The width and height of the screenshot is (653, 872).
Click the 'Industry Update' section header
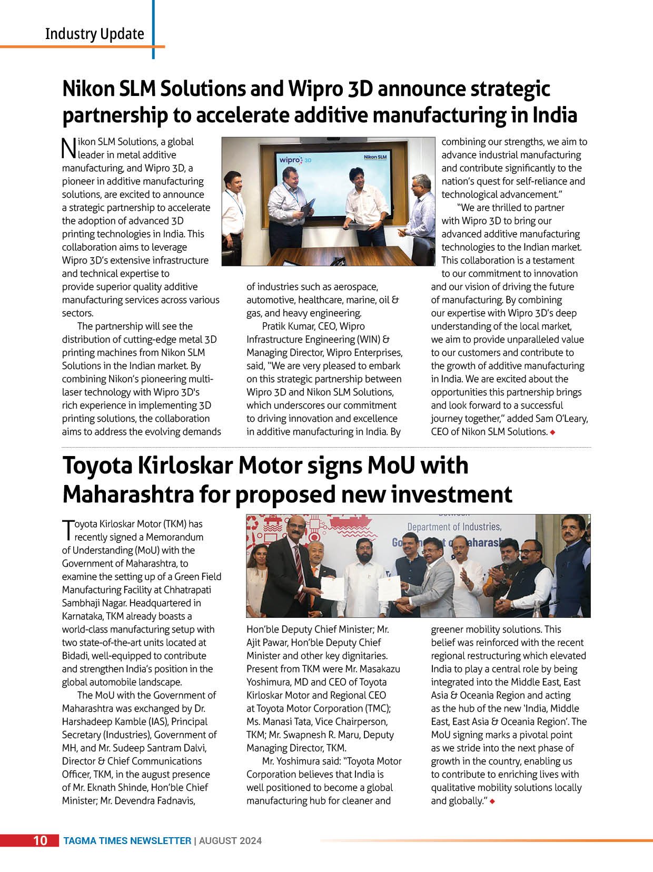click(x=94, y=34)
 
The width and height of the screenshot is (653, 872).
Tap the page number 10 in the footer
click(x=41, y=840)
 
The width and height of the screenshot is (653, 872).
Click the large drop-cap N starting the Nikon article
click(x=69, y=149)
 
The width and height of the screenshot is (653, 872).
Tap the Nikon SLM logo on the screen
click(x=375, y=157)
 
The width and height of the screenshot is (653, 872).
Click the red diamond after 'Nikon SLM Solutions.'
click(x=552, y=432)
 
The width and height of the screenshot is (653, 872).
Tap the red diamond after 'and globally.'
click(x=492, y=801)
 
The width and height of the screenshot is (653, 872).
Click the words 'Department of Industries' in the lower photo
click(x=454, y=527)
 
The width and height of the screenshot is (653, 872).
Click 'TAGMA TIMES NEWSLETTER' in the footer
click(x=127, y=841)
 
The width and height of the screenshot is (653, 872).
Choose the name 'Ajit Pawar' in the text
click(x=269, y=643)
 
